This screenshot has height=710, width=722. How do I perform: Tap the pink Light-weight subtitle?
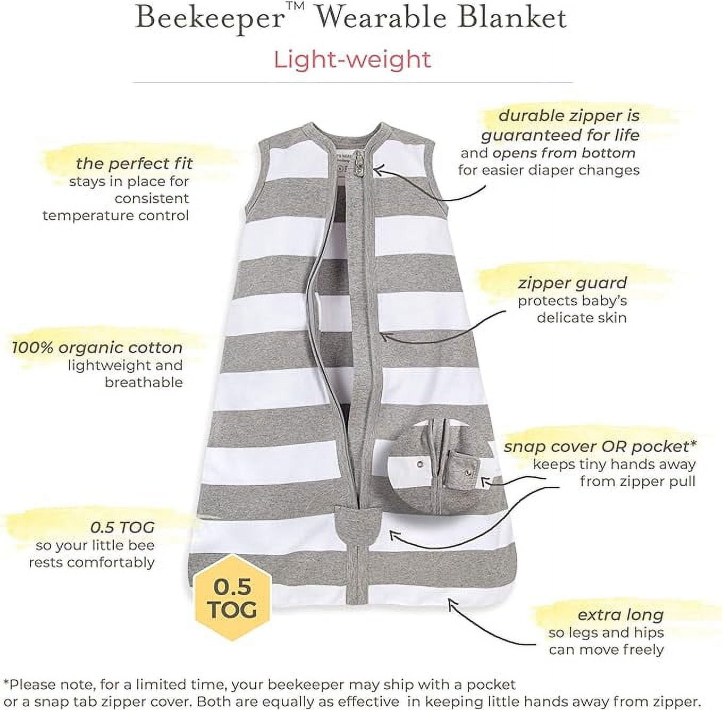coord(352,60)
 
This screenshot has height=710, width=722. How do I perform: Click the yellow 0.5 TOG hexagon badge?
coord(233,598)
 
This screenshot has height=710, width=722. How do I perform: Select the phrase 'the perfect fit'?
coord(134,164)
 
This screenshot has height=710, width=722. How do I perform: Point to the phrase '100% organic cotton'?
coord(97,348)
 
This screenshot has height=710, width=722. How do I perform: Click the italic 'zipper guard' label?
coord(572,283)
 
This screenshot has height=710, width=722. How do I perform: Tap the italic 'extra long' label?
coord(620,615)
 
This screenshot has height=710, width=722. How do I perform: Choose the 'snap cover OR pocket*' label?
coord(600,446)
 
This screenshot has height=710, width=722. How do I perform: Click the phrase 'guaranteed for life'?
coord(560,136)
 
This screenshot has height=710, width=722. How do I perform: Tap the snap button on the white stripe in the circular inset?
coord(420,464)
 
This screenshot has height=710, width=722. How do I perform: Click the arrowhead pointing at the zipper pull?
coord(379,171)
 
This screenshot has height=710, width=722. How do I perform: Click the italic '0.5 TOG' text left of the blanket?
coord(122,527)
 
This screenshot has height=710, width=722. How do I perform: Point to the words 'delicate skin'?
coord(582,318)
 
